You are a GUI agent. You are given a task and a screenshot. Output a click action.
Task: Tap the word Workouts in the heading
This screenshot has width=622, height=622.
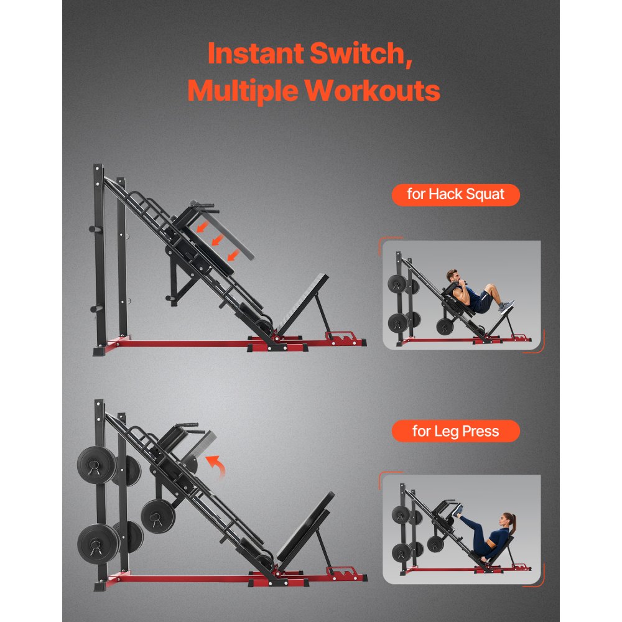pos(373,91)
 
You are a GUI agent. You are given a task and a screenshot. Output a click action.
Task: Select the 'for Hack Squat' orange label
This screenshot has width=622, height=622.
pos(455,195)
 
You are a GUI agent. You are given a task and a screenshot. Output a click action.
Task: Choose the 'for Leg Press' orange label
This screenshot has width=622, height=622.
pos(455,431)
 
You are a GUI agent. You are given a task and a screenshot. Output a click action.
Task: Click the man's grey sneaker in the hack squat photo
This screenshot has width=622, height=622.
pos(507,306)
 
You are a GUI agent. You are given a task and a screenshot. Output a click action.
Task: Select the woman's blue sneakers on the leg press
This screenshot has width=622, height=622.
pos(458,511)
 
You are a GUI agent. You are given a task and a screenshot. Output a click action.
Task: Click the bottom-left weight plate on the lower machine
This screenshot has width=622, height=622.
pos(98,543)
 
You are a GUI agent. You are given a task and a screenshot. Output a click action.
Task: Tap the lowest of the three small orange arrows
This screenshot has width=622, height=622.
pos(233,253)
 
